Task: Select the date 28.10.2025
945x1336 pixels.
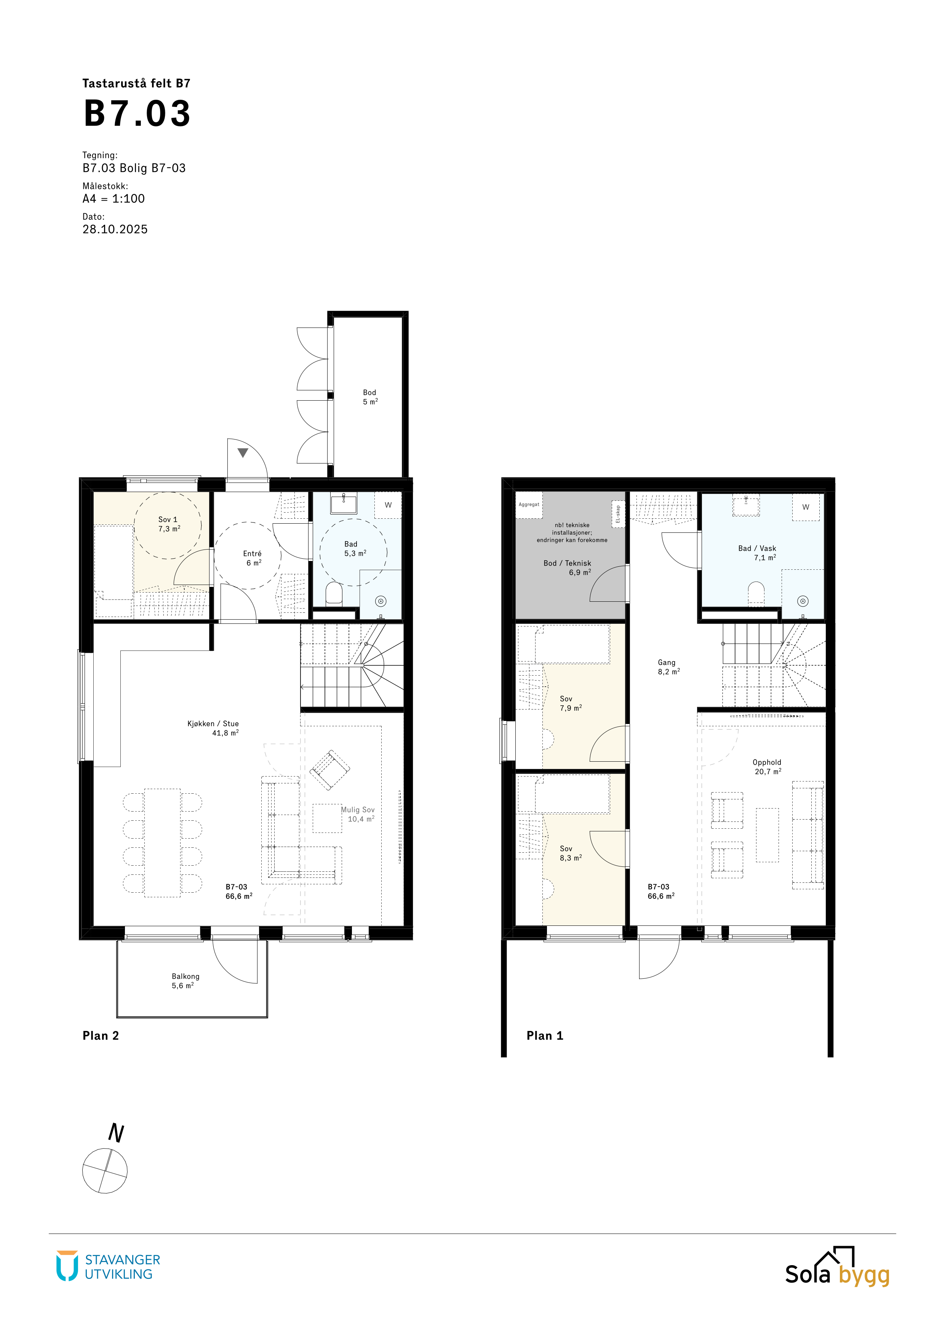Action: pyautogui.click(x=115, y=229)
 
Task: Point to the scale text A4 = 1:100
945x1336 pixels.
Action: pyautogui.click(x=114, y=198)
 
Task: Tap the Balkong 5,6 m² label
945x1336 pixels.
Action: pyautogui.click(x=185, y=981)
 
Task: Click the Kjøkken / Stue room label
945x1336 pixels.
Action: pyautogui.click(x=213, y=724)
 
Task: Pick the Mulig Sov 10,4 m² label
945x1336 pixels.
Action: pyautogui.click(x=358, y=814)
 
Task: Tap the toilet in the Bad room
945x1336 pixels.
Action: pyautogui.click(x=334, y=593)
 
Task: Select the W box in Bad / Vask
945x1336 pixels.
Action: pyautogui.click(x=806, y=507)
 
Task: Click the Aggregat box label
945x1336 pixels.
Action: pyautogui.click(x=529, y=505)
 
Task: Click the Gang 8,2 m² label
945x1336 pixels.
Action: pyautogui.click(x=668, y=667)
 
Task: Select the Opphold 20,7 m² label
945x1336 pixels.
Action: pyautogui.click(x=768, y=767)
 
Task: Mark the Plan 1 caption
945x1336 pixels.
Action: pyautogui.click(x=545, y=1036)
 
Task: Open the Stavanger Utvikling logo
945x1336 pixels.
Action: pyautogui.click(x=108, y=1267)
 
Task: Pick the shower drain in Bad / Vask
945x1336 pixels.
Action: pyautogui.click(x=803, y=601)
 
